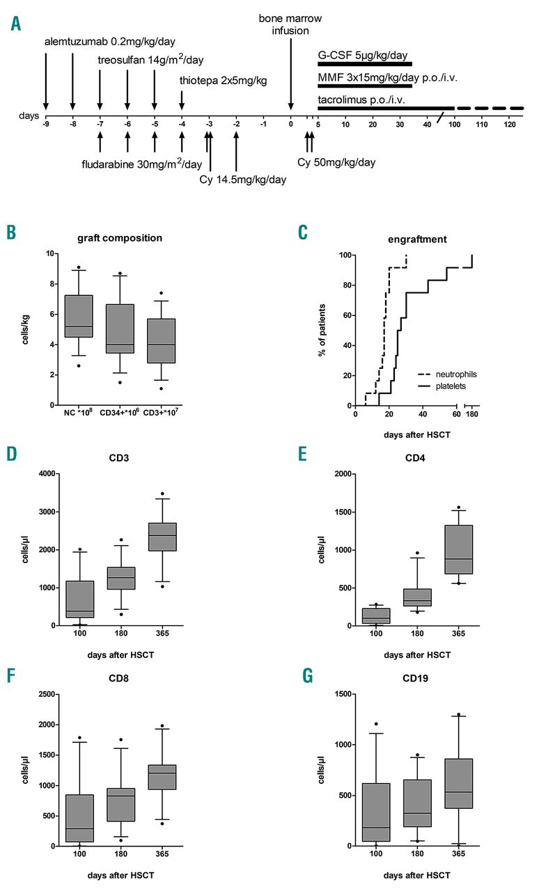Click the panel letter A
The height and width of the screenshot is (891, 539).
tap(16, 25)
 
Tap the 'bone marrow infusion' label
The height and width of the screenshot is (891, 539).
tap(290, 24)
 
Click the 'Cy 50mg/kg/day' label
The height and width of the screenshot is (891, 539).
tap(336, 162)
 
